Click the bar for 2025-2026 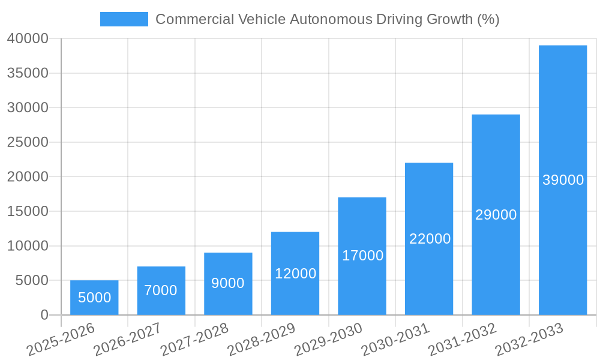(94, 306)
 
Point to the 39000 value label (563, 180)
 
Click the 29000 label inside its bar (496, 215)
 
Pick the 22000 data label (430, 239)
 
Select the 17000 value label (362, 256)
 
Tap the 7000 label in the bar (161, 290)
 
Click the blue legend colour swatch (124, 19)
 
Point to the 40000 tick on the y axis (28, 39)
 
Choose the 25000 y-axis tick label (28, 143)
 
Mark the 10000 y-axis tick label (28, 246)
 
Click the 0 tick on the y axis (44, 315)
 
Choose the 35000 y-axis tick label (28, 73)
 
